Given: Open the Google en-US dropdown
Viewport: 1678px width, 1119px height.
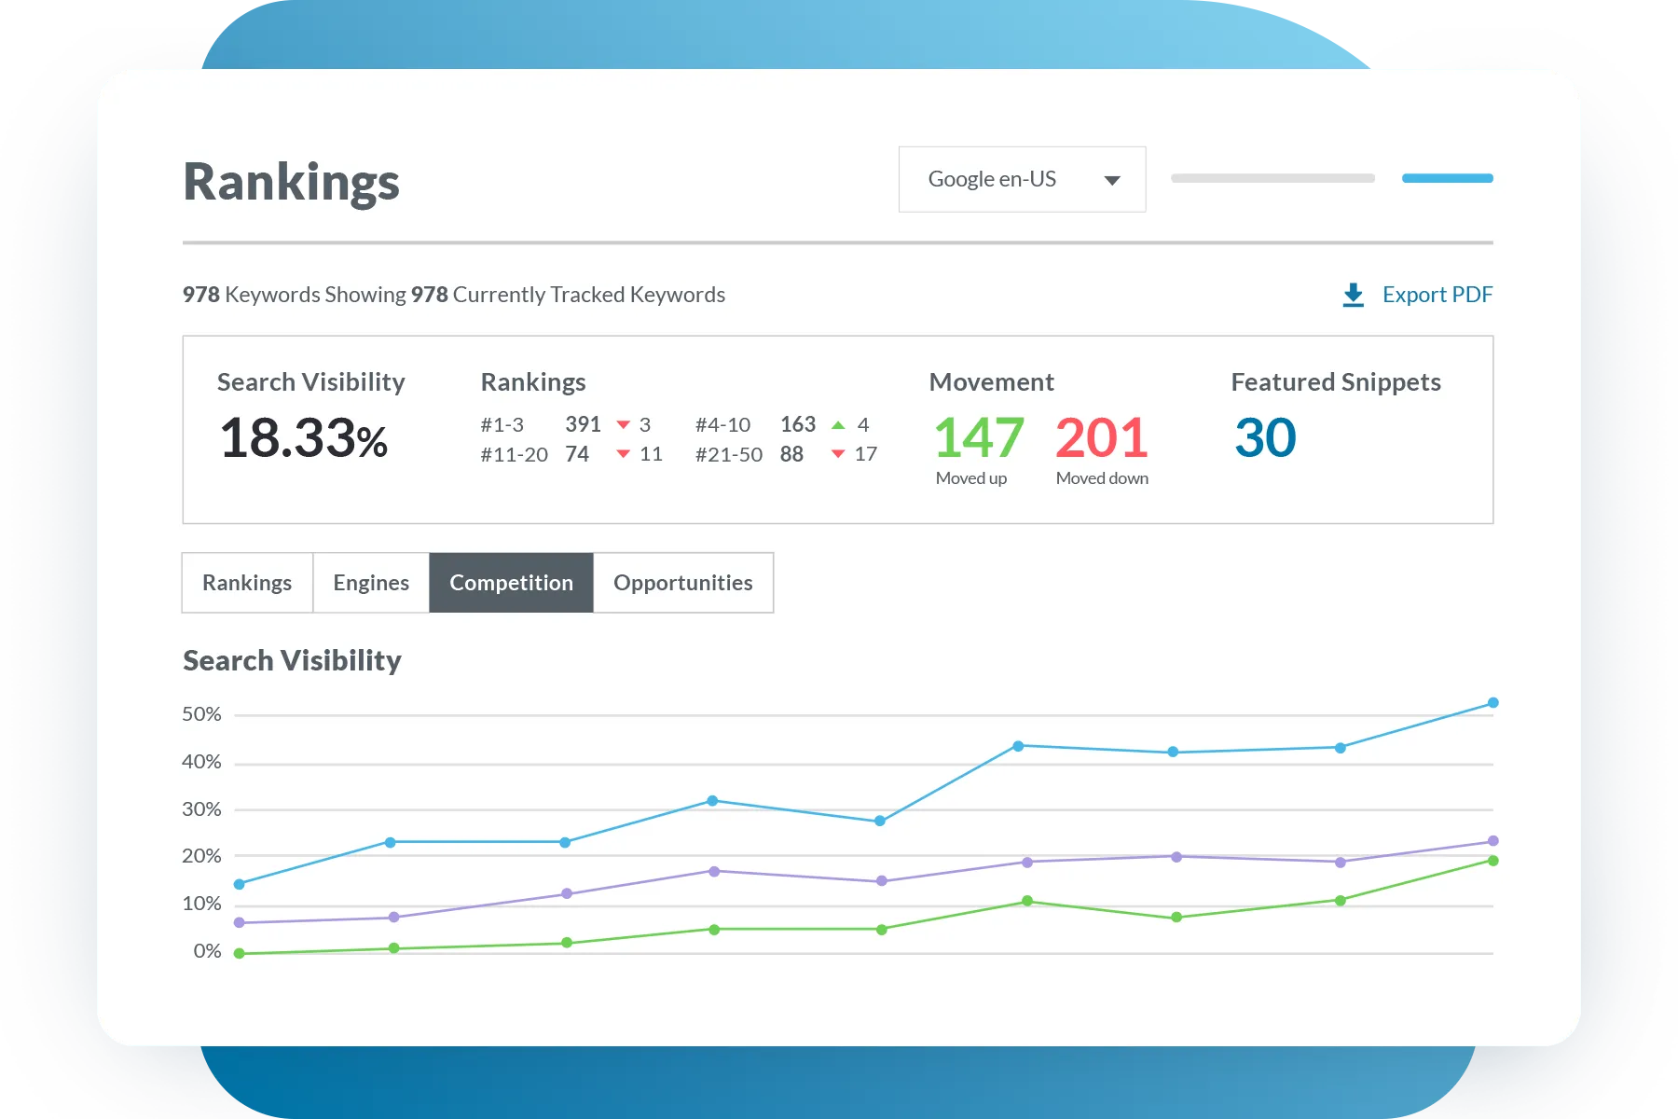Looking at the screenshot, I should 1022,179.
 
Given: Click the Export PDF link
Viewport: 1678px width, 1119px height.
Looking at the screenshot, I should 1437,295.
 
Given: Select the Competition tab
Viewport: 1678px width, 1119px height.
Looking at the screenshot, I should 511,583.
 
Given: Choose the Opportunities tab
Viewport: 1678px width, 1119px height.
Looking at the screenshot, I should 682,583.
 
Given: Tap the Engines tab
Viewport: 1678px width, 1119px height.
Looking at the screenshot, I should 371,583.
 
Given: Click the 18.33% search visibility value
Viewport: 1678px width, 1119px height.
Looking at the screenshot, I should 304,438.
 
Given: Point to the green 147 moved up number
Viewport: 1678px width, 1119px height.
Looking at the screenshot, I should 979,438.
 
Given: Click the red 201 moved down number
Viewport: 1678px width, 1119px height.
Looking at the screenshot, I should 1101,438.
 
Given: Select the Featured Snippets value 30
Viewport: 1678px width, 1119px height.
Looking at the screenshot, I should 1265,438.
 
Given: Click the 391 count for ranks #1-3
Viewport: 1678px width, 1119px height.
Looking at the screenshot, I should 583,424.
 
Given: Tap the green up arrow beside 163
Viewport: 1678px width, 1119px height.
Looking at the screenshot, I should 838,425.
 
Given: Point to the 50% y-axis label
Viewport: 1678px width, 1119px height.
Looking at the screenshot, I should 201,714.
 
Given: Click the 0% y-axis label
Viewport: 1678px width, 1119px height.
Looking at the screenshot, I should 207,951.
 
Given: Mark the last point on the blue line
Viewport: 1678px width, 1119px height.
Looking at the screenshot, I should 1492,703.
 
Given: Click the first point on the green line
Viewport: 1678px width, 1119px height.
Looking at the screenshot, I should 240,953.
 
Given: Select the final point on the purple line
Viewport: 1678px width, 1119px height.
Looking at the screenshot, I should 1492,841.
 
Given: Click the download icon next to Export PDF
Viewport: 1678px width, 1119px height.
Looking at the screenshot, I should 1354,296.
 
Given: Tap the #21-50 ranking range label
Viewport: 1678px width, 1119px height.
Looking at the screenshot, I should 729,455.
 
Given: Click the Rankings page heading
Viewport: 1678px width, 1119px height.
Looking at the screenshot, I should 291,182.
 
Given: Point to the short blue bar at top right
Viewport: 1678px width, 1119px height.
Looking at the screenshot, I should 1447,178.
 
